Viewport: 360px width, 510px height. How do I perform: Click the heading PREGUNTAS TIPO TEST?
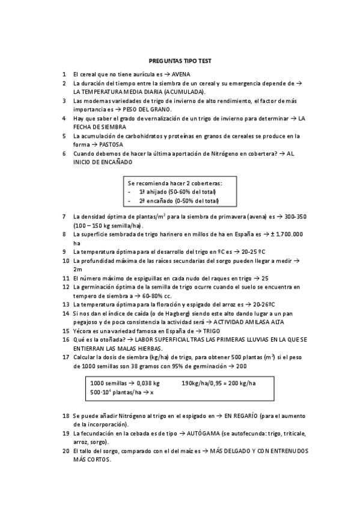(x=180, y=61)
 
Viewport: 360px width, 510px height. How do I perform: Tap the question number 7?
(x=64, y=216)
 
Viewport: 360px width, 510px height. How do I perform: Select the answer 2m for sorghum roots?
(x=78, y=269)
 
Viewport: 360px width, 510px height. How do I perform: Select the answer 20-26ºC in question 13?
(x=267, y=305)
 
